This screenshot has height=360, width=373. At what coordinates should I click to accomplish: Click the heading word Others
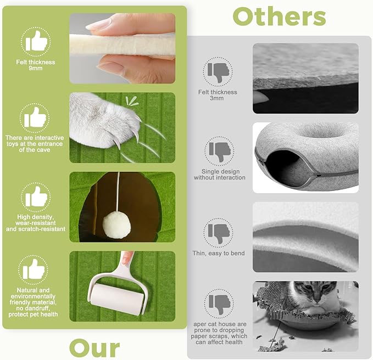coord(279,16)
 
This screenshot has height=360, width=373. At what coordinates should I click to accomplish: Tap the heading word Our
coord(94,348)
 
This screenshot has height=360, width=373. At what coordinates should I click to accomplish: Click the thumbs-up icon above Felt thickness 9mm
coord(36,41)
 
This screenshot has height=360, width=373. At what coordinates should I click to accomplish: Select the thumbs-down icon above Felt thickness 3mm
coord(219,72)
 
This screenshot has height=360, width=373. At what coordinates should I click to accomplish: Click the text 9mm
coord(36,69)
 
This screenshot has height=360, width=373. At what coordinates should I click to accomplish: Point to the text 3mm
coord(216,98)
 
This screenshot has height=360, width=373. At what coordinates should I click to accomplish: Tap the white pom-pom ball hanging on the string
coord(116,225)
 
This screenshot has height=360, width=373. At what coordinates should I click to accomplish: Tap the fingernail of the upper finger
coord(98,24)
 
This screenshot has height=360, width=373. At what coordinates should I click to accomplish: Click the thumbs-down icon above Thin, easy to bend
coord(219,233)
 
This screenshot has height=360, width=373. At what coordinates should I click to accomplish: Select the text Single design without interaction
coord(220,175)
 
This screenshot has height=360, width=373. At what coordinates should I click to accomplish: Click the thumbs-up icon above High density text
coord(36,196)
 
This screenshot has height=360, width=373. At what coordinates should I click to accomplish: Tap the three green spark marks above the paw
coord(131,101)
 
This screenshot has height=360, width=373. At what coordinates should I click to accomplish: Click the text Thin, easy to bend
coord(219,254)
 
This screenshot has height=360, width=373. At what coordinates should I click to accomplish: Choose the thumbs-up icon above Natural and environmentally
coord(34,269)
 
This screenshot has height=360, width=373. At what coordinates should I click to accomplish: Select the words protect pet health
coord(33,314)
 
